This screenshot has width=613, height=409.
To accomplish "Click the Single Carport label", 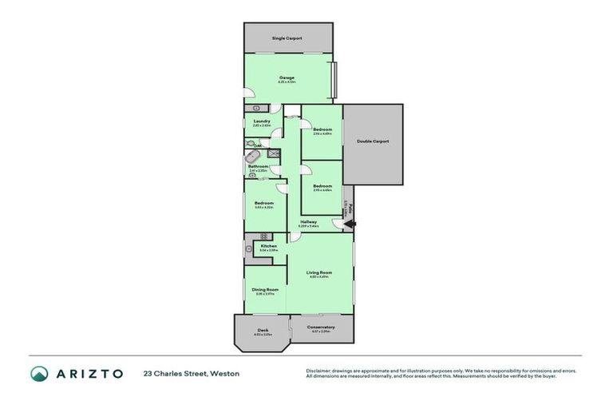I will pyautogui.click(x=287, y=38).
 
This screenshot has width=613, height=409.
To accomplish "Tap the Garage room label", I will pyautogui.click(x=287, y=77).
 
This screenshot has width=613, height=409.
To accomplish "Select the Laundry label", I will pyautogui.click(x=261, y=121).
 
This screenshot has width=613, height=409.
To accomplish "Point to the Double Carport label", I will pyautogui.click(x=373, y=141).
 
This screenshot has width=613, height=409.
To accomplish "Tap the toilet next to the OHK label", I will pyautogui.click(x=251, y=144).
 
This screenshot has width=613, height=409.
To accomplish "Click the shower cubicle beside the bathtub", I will pyautogui.click(x=274, y=152).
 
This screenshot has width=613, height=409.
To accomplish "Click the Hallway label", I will pyautogui.click(x=309, y=222).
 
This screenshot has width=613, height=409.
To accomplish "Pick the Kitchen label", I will pyautogui.click(x=268, y=245).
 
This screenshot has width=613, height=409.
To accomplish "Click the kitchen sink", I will pyautogui.click(x=248, y=249).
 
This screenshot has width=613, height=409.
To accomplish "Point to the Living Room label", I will pyautogui.click(x=319, y=272).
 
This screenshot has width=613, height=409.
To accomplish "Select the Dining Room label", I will pyautogui.click(x=265, y=289).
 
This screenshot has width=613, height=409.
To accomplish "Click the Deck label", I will pyautogui.click(x=263, y=330).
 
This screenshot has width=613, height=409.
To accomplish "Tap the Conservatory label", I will pyautogui.click(x=322, y=327).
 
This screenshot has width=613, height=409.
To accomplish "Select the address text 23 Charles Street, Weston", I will pyautogui.click(x=191, y=373).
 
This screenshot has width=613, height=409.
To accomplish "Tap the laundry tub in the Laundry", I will pyautogui.click(x=257, y=107).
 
